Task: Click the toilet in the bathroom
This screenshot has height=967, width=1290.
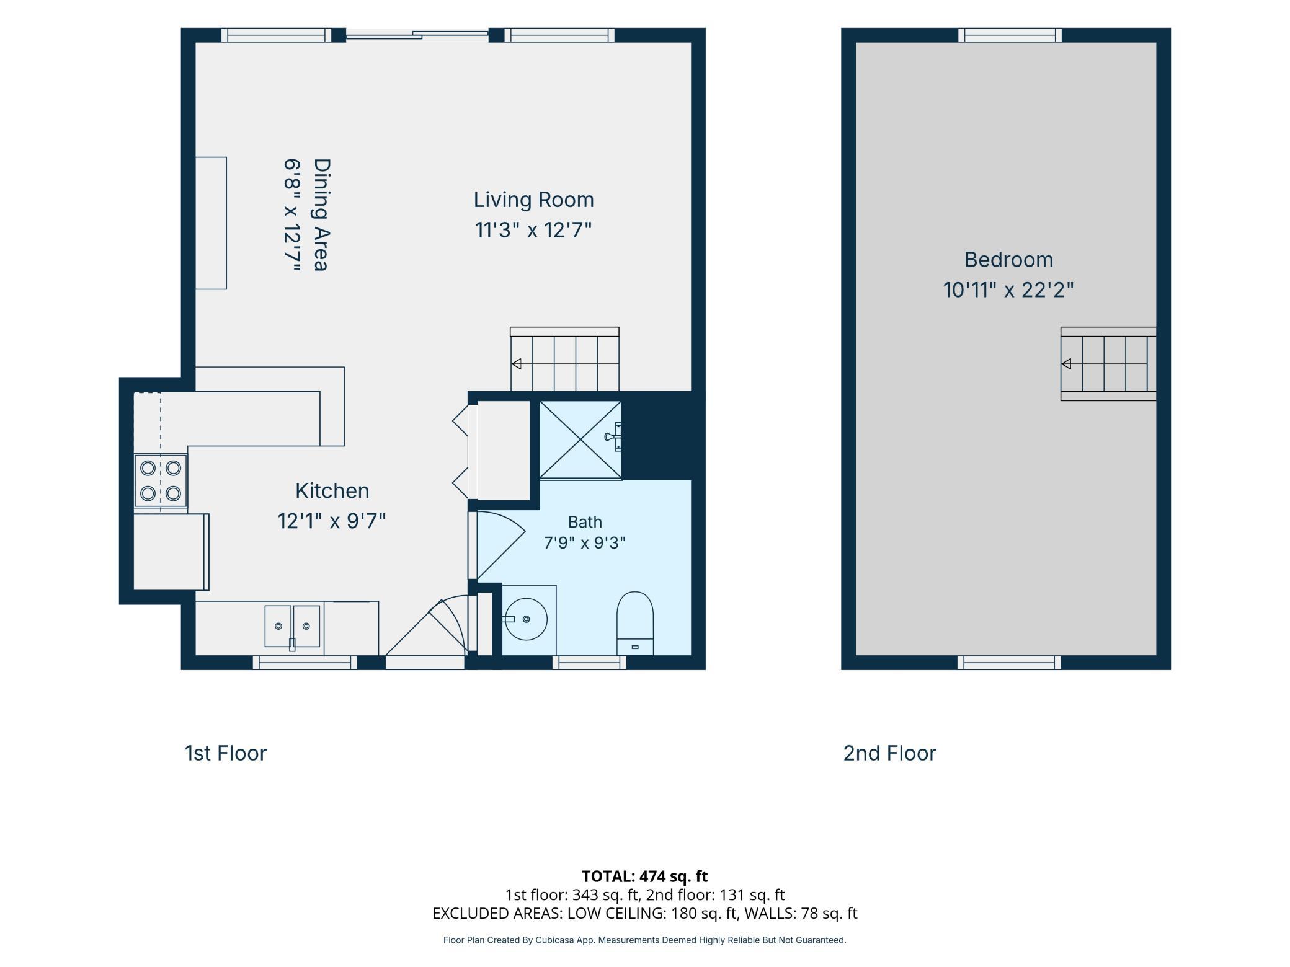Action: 634,623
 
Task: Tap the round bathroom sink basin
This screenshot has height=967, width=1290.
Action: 526,619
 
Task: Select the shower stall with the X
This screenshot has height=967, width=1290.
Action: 580,439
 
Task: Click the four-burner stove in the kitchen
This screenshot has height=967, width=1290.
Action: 161,480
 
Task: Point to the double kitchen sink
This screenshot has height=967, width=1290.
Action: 292,627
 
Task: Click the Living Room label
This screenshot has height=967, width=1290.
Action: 533,200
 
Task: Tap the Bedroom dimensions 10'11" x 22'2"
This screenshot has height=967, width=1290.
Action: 1008,289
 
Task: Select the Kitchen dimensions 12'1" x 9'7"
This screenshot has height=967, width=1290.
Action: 332,521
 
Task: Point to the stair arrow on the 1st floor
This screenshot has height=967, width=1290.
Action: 516,364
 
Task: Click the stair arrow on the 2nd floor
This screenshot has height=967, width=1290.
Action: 1066,364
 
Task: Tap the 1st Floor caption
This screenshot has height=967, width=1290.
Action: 226,753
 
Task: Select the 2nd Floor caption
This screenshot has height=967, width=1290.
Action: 889,753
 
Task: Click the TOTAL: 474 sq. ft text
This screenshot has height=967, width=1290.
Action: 644,876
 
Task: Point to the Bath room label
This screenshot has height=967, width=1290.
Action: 585,522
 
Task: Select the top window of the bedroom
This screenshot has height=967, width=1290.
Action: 1010,35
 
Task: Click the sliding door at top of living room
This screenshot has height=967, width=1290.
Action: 417,35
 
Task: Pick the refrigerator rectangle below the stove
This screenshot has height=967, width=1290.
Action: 171,552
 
